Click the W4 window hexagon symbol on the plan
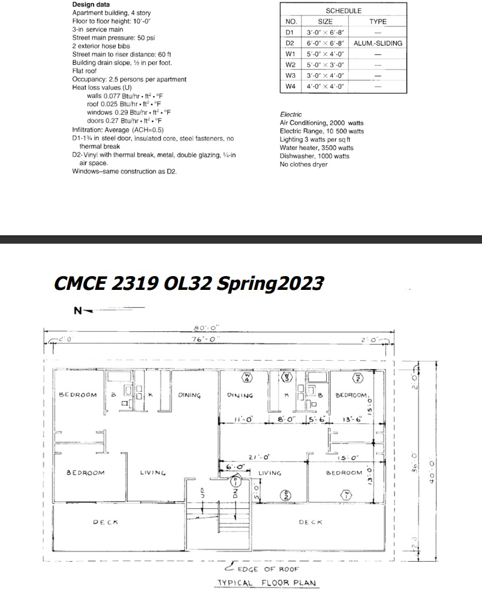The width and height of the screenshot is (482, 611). click(246, 378)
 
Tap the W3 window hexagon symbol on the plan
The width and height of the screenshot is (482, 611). click(287, 378)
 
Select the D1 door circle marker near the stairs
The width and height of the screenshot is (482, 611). click(236, 481)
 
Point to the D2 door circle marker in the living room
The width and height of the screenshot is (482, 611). click(287, 495)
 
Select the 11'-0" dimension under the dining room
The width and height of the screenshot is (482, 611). click(244, 419)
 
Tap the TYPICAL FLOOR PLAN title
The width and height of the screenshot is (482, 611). click(267, 583)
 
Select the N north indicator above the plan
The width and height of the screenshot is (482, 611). click(77, 311)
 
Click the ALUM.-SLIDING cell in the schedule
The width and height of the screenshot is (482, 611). click(378, 43)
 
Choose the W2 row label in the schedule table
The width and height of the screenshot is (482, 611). click(290, 65)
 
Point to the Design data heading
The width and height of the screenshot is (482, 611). click(91, 4)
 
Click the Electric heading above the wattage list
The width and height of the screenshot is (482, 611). click(291, 114)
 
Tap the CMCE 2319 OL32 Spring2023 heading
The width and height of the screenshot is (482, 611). click(189, 283)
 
